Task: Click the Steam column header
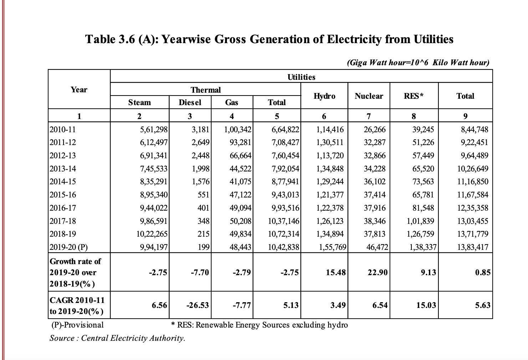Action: (139, 102)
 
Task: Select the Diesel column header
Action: (190, 102)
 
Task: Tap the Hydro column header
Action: (324, 96)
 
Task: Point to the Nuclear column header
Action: (369, 96)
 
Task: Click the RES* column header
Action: (413, 96)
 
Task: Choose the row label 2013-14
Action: (63, 169)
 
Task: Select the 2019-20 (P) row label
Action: (68, 247)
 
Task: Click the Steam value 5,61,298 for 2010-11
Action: (154, 129)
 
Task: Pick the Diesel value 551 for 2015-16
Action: (203, 195)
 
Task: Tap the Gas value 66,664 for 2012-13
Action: (240, 156)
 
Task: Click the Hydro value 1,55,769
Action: (332, 247)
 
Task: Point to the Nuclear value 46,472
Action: (377, 247)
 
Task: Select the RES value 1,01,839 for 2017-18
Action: (420, 221)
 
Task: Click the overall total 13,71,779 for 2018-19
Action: (473, 234)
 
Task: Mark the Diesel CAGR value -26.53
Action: (198, 305)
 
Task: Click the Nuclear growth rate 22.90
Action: (377, 272)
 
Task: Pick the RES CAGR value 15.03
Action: (426, 305)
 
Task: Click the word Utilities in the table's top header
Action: (301, 77)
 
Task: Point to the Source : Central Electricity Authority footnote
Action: (117, 338)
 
